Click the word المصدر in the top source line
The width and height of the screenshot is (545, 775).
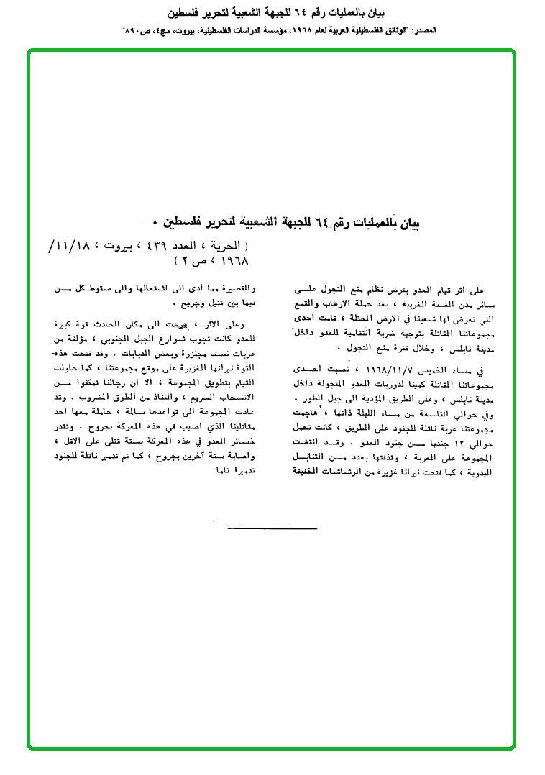(x=422, y=31)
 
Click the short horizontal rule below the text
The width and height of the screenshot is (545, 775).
(x=272, y=528)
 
